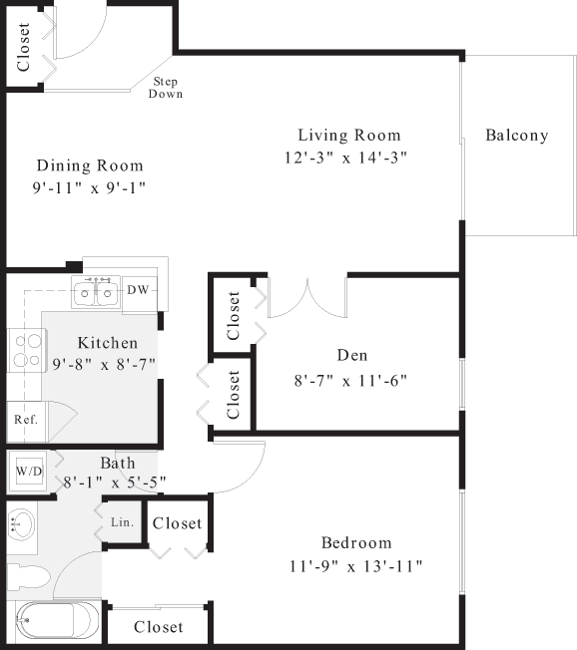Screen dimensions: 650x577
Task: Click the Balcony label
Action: pos(516,136)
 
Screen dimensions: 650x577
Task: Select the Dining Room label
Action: pos(89,165)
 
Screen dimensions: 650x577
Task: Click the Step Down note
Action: pos(165,88)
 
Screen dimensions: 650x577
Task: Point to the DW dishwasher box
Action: pos(138,290)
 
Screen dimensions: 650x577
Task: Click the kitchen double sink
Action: pos(96,292)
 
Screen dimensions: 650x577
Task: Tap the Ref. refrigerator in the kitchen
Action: pos(25,419)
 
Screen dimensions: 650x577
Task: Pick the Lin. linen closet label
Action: pos(122,522)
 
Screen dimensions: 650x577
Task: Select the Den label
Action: pos(351,355)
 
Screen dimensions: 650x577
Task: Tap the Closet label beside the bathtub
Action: pos(158,627)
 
